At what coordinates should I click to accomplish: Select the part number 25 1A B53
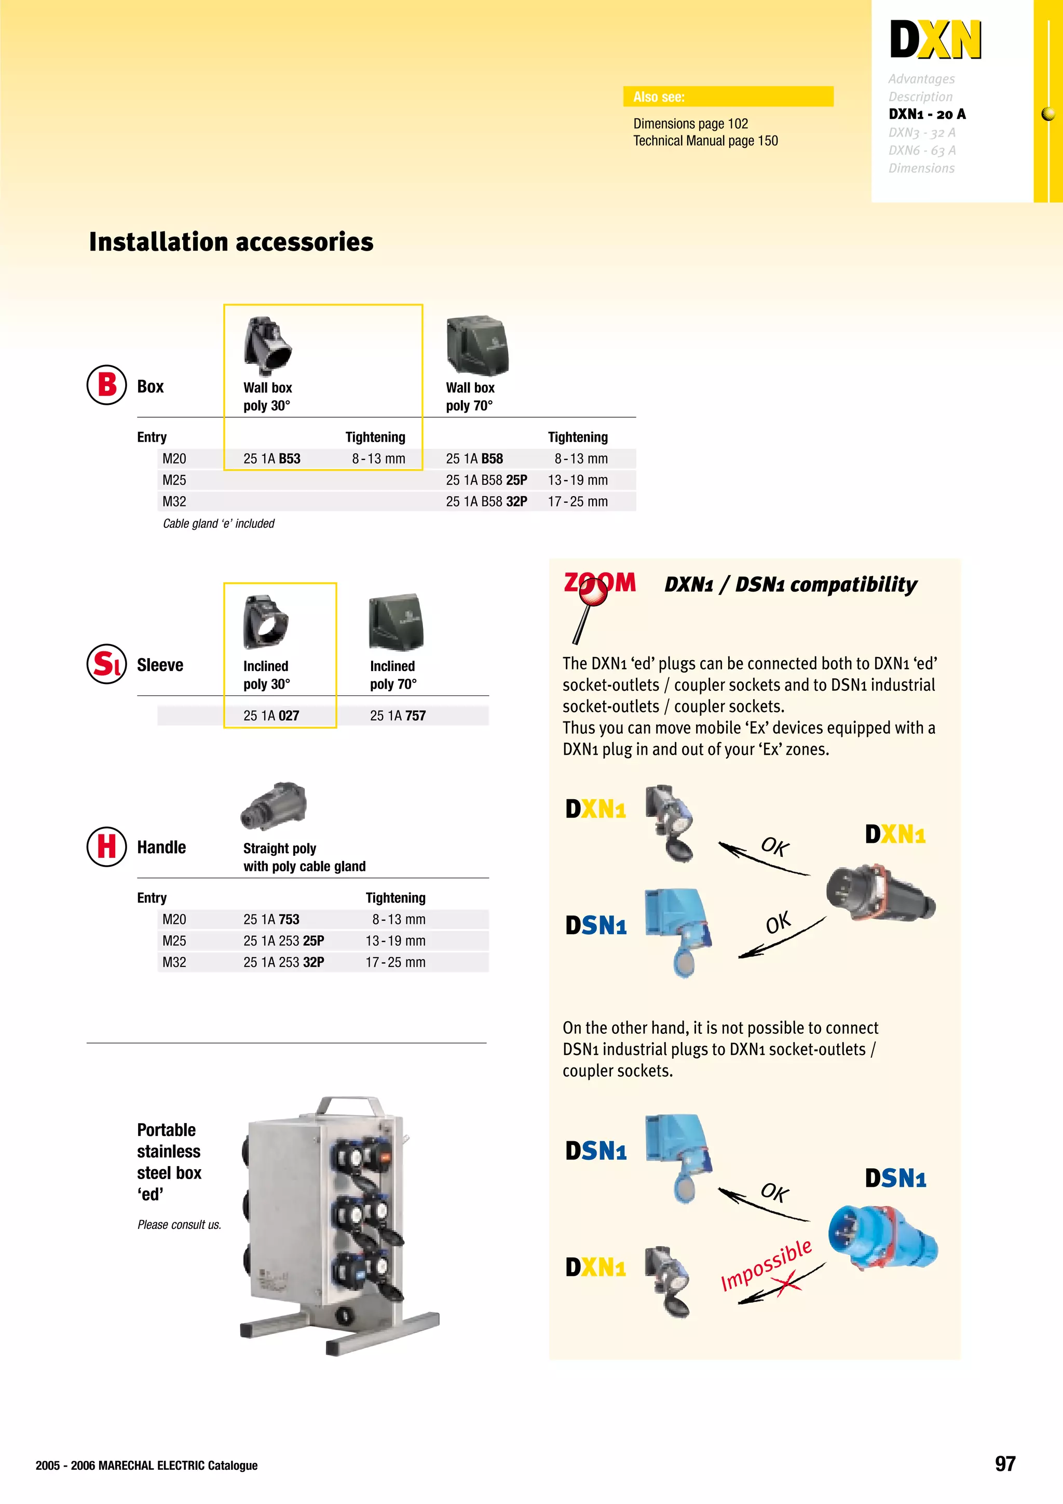pos(272,459)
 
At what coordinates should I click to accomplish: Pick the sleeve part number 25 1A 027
pos(271,715)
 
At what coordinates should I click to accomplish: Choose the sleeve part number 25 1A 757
pos(398,715)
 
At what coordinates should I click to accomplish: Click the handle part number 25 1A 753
pos(271,919)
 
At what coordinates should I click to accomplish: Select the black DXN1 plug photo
pos(880,892)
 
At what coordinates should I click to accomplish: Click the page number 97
pos(1005,1464)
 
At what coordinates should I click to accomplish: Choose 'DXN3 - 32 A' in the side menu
pos(921,132)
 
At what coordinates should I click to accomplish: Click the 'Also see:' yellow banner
pos(728,97)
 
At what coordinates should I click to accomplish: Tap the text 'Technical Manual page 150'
pos(705,141)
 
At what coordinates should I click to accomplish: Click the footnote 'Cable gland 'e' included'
pos(219,523)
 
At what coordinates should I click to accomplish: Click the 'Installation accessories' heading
pos(231,242)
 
